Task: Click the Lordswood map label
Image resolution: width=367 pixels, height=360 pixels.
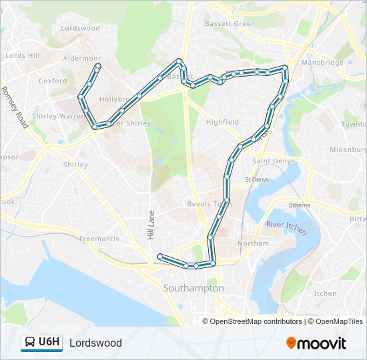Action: [x=80, y=28]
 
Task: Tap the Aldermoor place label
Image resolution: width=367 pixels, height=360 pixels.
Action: [x=81, y=59]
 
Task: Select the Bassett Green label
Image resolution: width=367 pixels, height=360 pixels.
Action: [x=230, y=24]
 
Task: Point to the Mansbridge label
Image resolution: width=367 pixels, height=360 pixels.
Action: [x=322, y=63]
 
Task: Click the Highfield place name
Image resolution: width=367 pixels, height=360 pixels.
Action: [x=222, y=122]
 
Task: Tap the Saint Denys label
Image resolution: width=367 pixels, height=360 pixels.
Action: [x=269, y=161]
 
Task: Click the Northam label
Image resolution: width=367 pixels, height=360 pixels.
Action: [x=253, y=243]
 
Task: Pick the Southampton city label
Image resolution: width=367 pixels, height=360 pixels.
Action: [x=194, y=288]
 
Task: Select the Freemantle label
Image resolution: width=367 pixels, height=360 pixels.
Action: [x=99, y=239]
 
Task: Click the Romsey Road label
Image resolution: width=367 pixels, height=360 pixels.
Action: [x=13, y=107]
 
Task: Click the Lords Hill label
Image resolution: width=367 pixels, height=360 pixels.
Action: [x=23, y=56]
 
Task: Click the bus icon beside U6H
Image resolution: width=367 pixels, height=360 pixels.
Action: [x=30, y=343]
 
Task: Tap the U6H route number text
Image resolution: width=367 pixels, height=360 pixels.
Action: [x=49, y=343]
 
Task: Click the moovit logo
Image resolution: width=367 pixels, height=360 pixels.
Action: [x=316, y=343]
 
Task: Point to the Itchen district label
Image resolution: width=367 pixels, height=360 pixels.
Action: [x=325, y=293]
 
